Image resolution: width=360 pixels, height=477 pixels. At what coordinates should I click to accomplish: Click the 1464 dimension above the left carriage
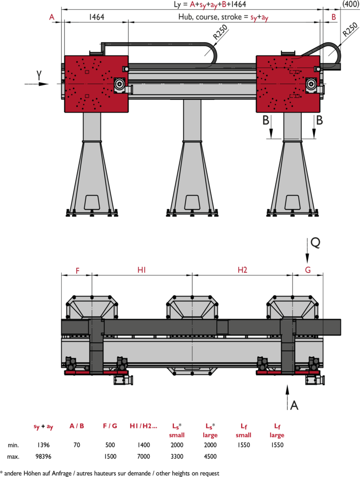click(x=96, y=17)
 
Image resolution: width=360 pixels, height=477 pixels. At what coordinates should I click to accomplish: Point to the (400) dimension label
click(x=351, y=4)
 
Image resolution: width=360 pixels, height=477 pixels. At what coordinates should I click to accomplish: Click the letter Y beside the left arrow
click(x=39, y=75)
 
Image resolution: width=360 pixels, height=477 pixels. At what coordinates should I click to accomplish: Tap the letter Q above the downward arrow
click(x=315, y=242)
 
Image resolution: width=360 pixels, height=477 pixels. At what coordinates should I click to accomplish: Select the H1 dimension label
click(x=142, y=270)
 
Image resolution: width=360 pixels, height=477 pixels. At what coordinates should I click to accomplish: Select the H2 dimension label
click(x=242, y=270)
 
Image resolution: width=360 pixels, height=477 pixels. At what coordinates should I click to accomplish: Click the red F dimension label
click(x=78, y=271)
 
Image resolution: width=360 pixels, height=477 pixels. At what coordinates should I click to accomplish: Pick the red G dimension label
click(x=308, y=270)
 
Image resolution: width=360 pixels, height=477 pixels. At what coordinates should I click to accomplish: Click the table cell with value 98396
click(x=43, y=456)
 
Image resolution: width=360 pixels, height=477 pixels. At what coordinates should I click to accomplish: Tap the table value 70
click(x=77, y=445)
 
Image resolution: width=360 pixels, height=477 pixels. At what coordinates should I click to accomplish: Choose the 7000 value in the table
click(x=143, y=456)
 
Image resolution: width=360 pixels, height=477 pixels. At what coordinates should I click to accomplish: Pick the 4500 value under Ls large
click(x=210, y=456)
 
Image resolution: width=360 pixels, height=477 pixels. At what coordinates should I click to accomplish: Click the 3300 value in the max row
click(x=176, y=456)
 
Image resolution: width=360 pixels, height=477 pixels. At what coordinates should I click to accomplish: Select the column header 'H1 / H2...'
click(x=143, y=426)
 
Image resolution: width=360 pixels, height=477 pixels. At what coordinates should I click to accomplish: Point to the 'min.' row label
click(x=13, y=445)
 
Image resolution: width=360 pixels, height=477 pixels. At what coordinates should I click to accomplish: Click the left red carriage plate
click(x=96, y=84)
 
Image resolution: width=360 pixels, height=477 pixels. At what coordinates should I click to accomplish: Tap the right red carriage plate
click(x=288, y=84)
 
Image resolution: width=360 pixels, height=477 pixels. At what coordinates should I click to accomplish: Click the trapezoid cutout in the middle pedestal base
click(x=192, y=202)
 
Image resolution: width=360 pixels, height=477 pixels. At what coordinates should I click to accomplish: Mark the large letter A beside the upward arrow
click(x=294, y=405)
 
